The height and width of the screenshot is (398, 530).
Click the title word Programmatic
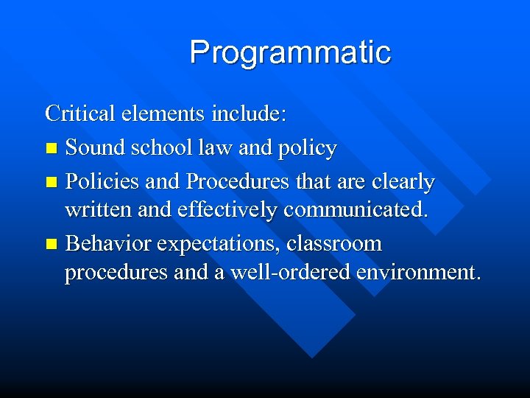pos(290,53)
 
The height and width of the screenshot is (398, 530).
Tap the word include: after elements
pos(250,114)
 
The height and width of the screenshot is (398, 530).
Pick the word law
pos(214,148)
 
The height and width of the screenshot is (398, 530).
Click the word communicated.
pos(355,211)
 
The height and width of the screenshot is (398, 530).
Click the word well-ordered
pos(291,273)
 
